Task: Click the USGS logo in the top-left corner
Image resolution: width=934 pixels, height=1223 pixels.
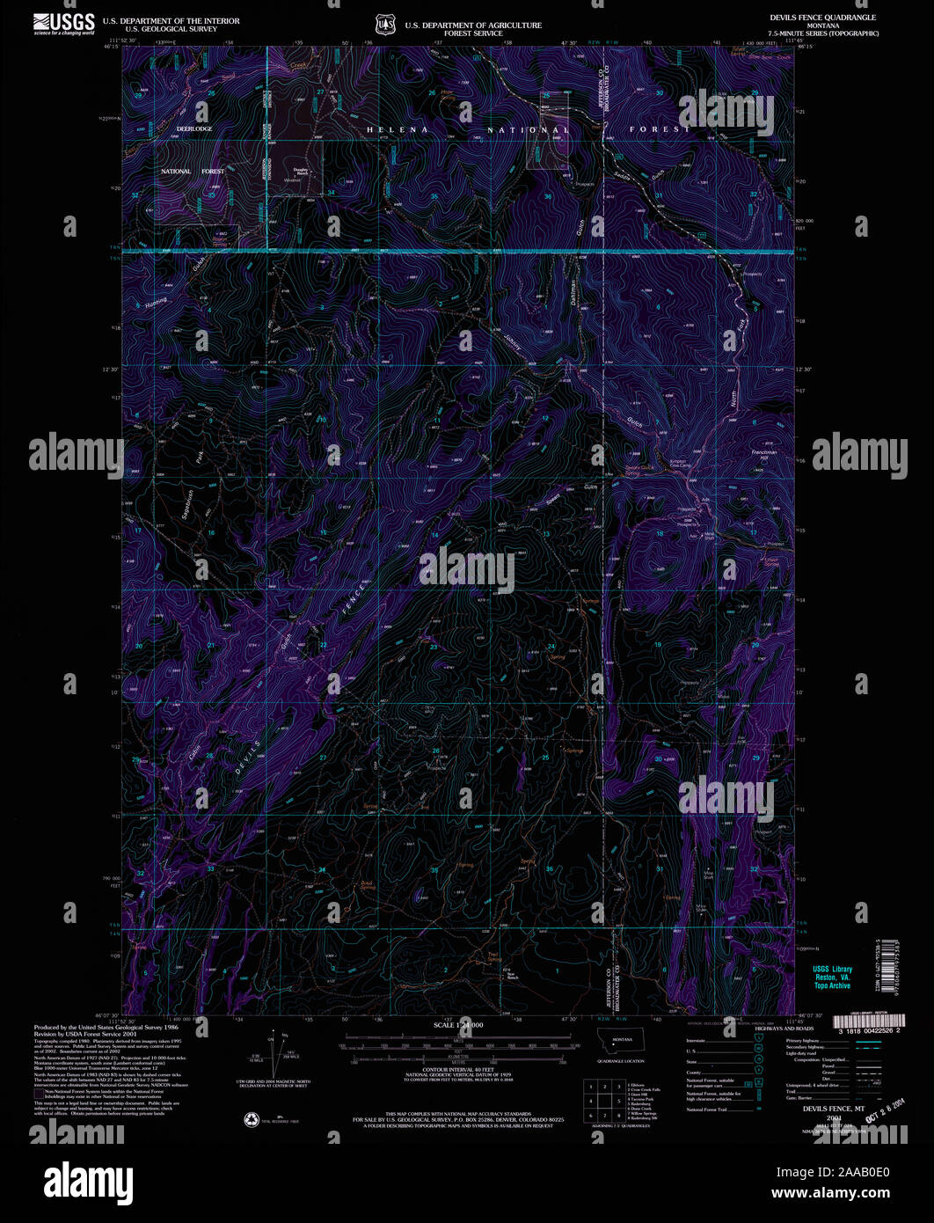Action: point(63,22)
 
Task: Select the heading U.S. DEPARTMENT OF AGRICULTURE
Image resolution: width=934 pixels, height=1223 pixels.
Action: point(473,26)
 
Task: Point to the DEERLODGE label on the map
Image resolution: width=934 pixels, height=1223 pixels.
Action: point(194,129)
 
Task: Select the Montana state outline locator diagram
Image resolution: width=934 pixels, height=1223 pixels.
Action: point(622,1041)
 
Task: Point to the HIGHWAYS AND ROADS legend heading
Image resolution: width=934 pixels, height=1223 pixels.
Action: point(787,1029)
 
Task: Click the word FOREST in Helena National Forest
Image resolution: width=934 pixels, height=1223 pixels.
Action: point(660,130)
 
